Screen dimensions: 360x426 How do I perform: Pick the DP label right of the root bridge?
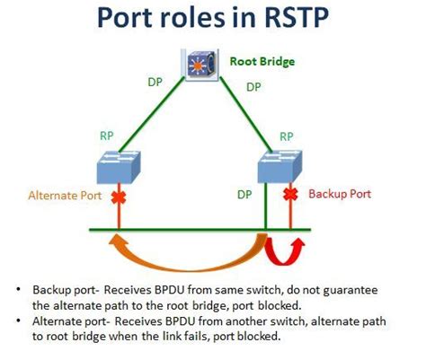point(253,87)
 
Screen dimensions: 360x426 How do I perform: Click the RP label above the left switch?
point(105,136)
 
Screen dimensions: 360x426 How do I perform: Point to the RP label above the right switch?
point(287,136)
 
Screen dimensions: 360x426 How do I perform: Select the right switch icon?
point(281,167)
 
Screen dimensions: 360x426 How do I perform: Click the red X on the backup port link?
point(289,194)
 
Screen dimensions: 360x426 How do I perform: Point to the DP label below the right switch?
point(244,193)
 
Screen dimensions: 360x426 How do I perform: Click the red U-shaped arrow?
point(286,252)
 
